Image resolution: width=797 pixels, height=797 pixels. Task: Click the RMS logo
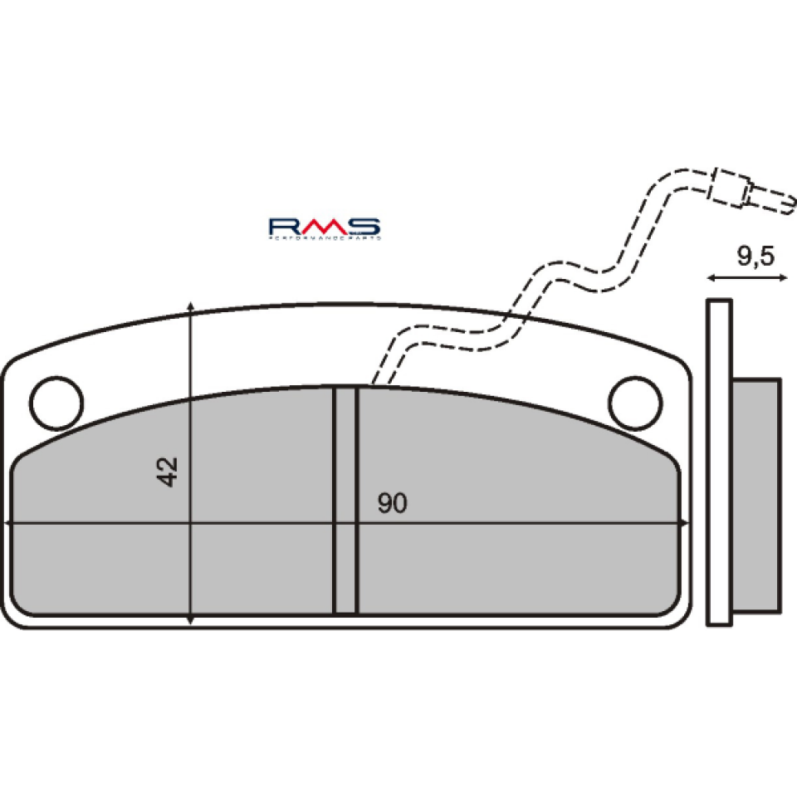pos(324,227)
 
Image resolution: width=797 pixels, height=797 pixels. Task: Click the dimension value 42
pos(169,472)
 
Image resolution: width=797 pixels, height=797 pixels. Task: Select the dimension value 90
pos(393,503)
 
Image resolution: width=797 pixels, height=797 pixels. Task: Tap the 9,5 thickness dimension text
pos(755,257)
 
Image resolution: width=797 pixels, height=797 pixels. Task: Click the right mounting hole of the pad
pos(635,403)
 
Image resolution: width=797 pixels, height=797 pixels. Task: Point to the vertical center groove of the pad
pos(345,501)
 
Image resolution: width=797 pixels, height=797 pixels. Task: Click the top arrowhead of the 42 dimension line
pos(191,308)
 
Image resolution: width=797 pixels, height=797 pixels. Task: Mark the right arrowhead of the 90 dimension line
pos(682,523)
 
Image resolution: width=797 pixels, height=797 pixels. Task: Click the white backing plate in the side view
pos(719,462)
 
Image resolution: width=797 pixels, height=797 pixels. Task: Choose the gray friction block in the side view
pos(756,496)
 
